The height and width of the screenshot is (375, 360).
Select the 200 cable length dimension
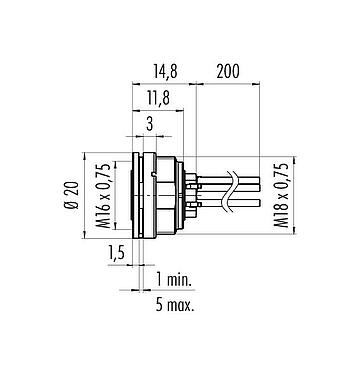[229, 73]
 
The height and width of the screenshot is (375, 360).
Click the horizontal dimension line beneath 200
[230, 84]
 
